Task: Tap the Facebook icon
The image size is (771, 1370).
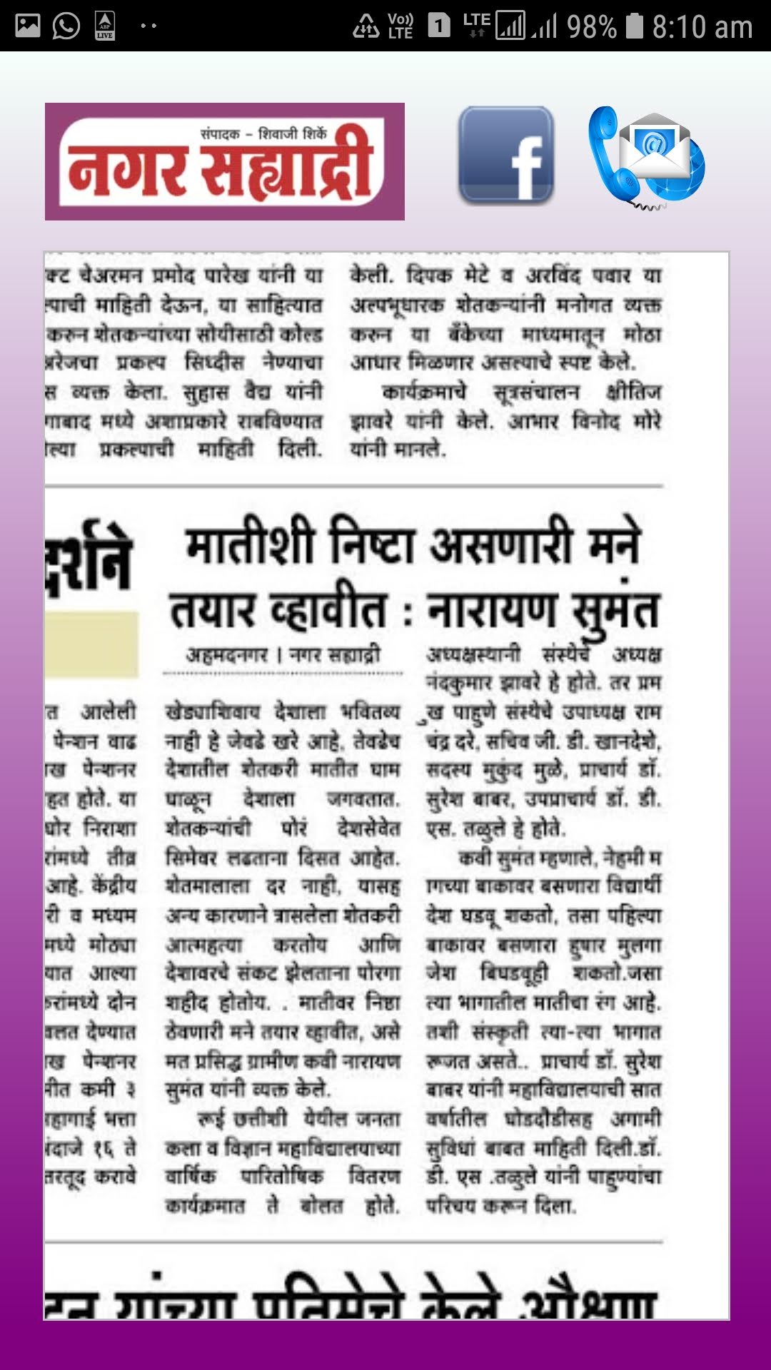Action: coord(505,155)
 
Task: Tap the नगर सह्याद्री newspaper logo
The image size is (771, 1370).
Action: coord(224,162)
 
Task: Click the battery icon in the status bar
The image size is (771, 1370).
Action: coord(634,26)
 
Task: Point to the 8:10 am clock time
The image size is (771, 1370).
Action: coord(702,27)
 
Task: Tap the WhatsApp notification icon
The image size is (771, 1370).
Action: coord(66,26)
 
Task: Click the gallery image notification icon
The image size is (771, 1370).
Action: coord(28,26)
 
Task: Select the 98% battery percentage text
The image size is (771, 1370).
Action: coord(592,27)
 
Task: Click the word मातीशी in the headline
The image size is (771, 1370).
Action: coord(250,545)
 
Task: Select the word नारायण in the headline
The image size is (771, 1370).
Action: coord(492,611)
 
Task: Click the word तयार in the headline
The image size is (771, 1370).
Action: coord(212,611)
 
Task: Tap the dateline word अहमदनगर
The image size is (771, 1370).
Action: coord(227,654)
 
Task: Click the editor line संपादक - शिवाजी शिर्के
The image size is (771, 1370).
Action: coord(263,133)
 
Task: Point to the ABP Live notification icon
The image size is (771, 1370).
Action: coord(105,26)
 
